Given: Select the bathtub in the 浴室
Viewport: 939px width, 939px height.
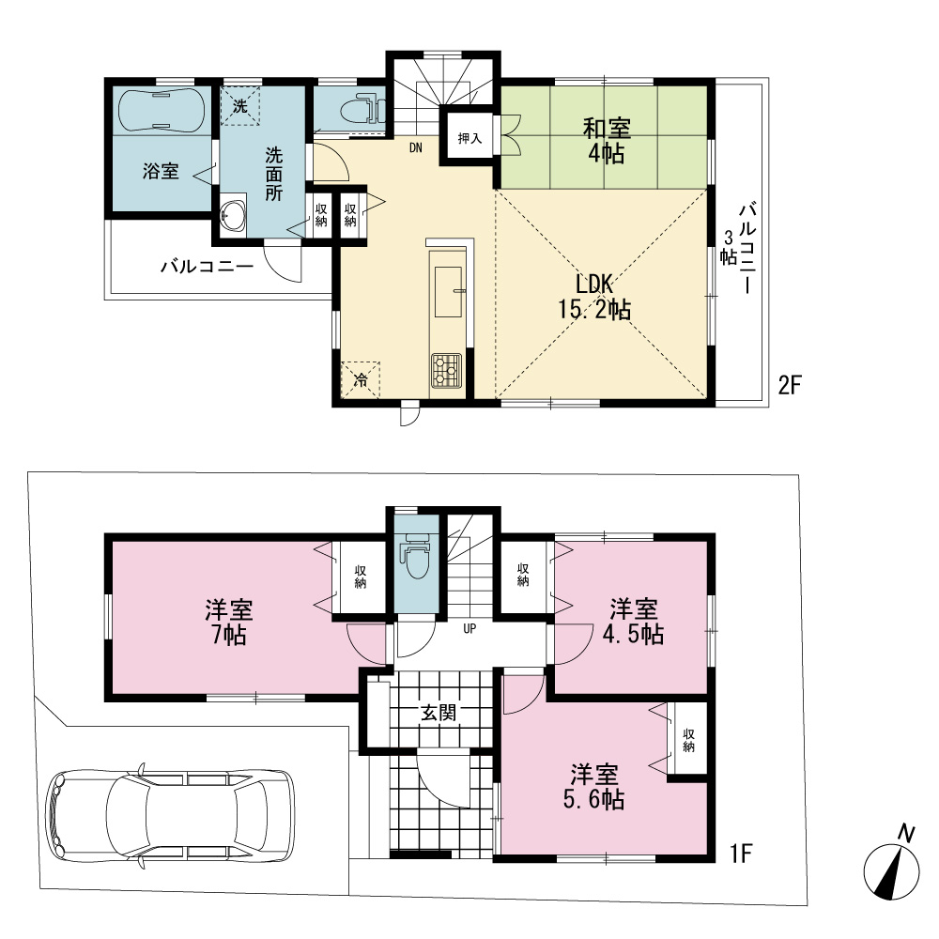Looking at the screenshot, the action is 162,110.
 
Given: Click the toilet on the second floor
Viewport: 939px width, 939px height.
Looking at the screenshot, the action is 362,109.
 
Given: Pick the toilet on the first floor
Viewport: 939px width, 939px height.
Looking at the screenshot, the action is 417,556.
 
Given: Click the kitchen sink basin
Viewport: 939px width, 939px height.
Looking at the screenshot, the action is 449,292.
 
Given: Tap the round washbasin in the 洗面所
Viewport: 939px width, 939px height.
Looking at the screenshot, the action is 232,214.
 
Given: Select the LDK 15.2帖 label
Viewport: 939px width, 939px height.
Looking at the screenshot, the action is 594,297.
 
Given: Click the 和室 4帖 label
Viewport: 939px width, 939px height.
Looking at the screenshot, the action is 607,142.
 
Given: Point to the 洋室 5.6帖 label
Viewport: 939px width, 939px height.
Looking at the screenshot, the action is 594,787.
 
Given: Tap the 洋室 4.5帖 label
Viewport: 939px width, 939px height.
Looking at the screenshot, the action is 634,621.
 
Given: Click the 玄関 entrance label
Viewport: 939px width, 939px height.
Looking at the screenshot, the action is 439,713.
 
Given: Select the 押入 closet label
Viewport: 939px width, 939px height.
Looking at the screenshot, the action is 470,138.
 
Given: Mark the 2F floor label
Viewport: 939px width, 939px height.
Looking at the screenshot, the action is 790,384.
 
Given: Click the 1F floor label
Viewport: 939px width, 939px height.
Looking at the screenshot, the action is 741,853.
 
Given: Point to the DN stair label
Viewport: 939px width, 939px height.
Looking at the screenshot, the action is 416,147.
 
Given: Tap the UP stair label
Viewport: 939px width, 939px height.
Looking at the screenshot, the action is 469,629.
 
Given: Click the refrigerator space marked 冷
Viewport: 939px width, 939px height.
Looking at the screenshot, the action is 361,379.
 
